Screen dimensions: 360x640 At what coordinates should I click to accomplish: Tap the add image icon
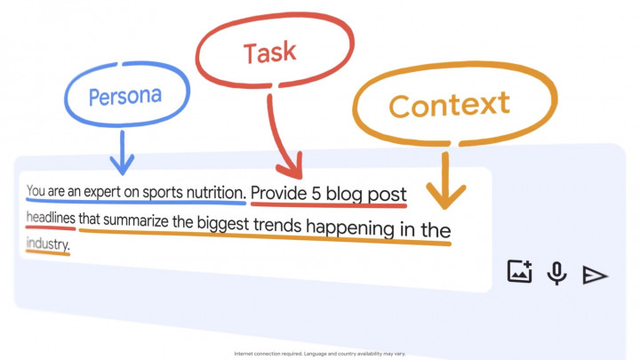(x=519, y=272)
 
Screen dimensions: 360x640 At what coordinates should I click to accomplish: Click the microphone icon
(x=557, y=273)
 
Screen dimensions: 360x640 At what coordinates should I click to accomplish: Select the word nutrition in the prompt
(x=212, y=192)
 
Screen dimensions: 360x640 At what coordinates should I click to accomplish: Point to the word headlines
(x=51, y=217)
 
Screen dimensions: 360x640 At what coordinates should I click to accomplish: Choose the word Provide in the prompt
(x=279, y=194)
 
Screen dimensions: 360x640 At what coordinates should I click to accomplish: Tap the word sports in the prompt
(x=160, y=191)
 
